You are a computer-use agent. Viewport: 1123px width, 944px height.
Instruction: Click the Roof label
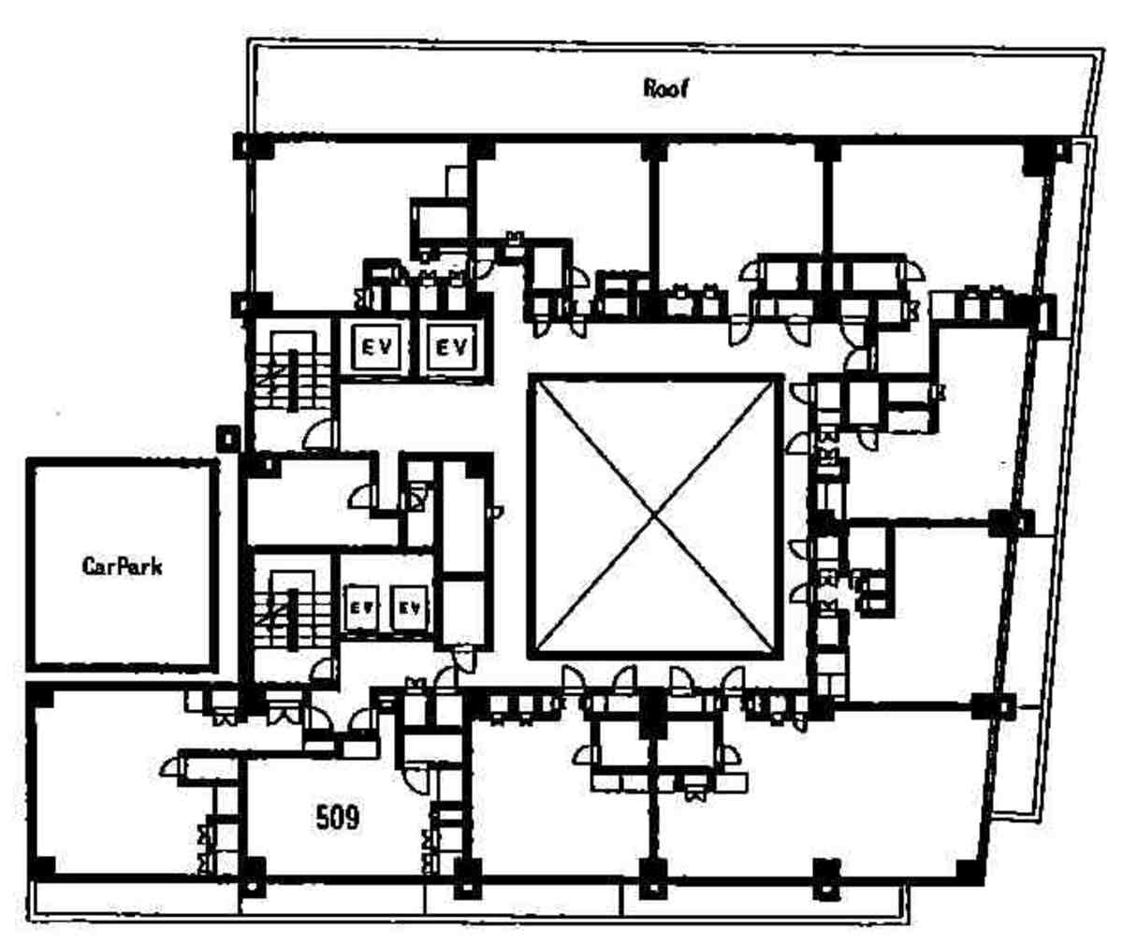coord(665,89)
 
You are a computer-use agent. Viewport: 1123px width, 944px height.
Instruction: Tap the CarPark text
coord(122,567)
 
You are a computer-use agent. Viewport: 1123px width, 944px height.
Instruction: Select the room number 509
coord(338,819)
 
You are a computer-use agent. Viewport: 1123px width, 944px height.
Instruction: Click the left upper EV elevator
coord(376,347)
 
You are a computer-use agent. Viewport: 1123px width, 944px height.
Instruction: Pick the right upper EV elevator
coord(451,347)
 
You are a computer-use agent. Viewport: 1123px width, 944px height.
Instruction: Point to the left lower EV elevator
coord(361,608)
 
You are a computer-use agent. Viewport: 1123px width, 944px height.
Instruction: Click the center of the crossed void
coord(655,517)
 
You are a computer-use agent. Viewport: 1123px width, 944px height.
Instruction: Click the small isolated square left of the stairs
coord(228,439)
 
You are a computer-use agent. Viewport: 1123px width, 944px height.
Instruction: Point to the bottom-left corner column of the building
coord(42,867)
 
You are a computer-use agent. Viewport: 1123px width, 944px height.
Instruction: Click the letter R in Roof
coord(650,89)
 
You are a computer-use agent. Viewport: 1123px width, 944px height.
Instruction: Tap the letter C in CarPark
coord(89,567)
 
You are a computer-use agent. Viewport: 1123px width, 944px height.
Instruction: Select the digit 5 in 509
coord(323,819)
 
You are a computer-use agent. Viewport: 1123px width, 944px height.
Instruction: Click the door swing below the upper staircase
coord(318,435)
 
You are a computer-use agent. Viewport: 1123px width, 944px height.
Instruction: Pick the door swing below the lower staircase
coord(322,670)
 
